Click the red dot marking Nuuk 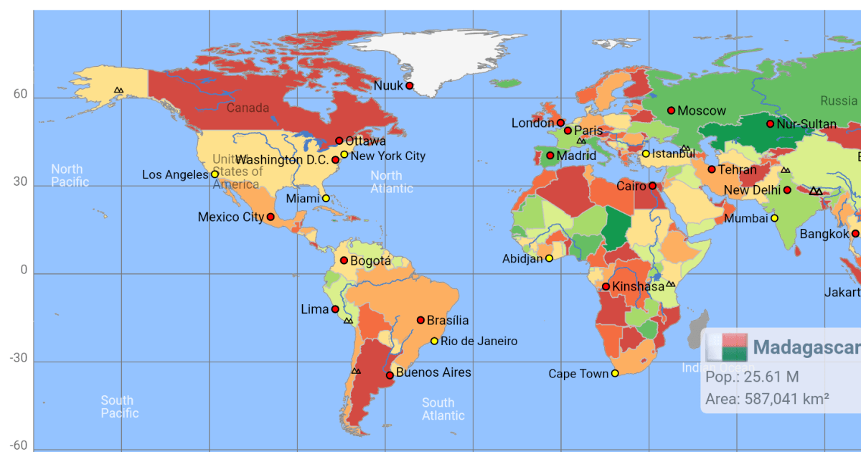point(410,85)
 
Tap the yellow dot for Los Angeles point(215,174)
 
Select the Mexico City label point(230,217)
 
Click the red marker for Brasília point(420,320)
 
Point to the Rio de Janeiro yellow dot point(434,341)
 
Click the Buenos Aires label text point(433,372)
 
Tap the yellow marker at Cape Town point(615,373)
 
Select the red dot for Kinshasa point(606,286)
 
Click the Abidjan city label point(522,259)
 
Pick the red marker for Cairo point(653,186)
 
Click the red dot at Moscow point(672,110)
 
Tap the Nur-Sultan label point(806,124)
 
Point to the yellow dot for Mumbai point(774,218)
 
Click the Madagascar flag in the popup point(726,347)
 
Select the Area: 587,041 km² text point(767,399)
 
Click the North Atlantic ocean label point(392,182)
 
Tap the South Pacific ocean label point(119,407)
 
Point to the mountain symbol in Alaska point(118,90)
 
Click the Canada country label point(248,108)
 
